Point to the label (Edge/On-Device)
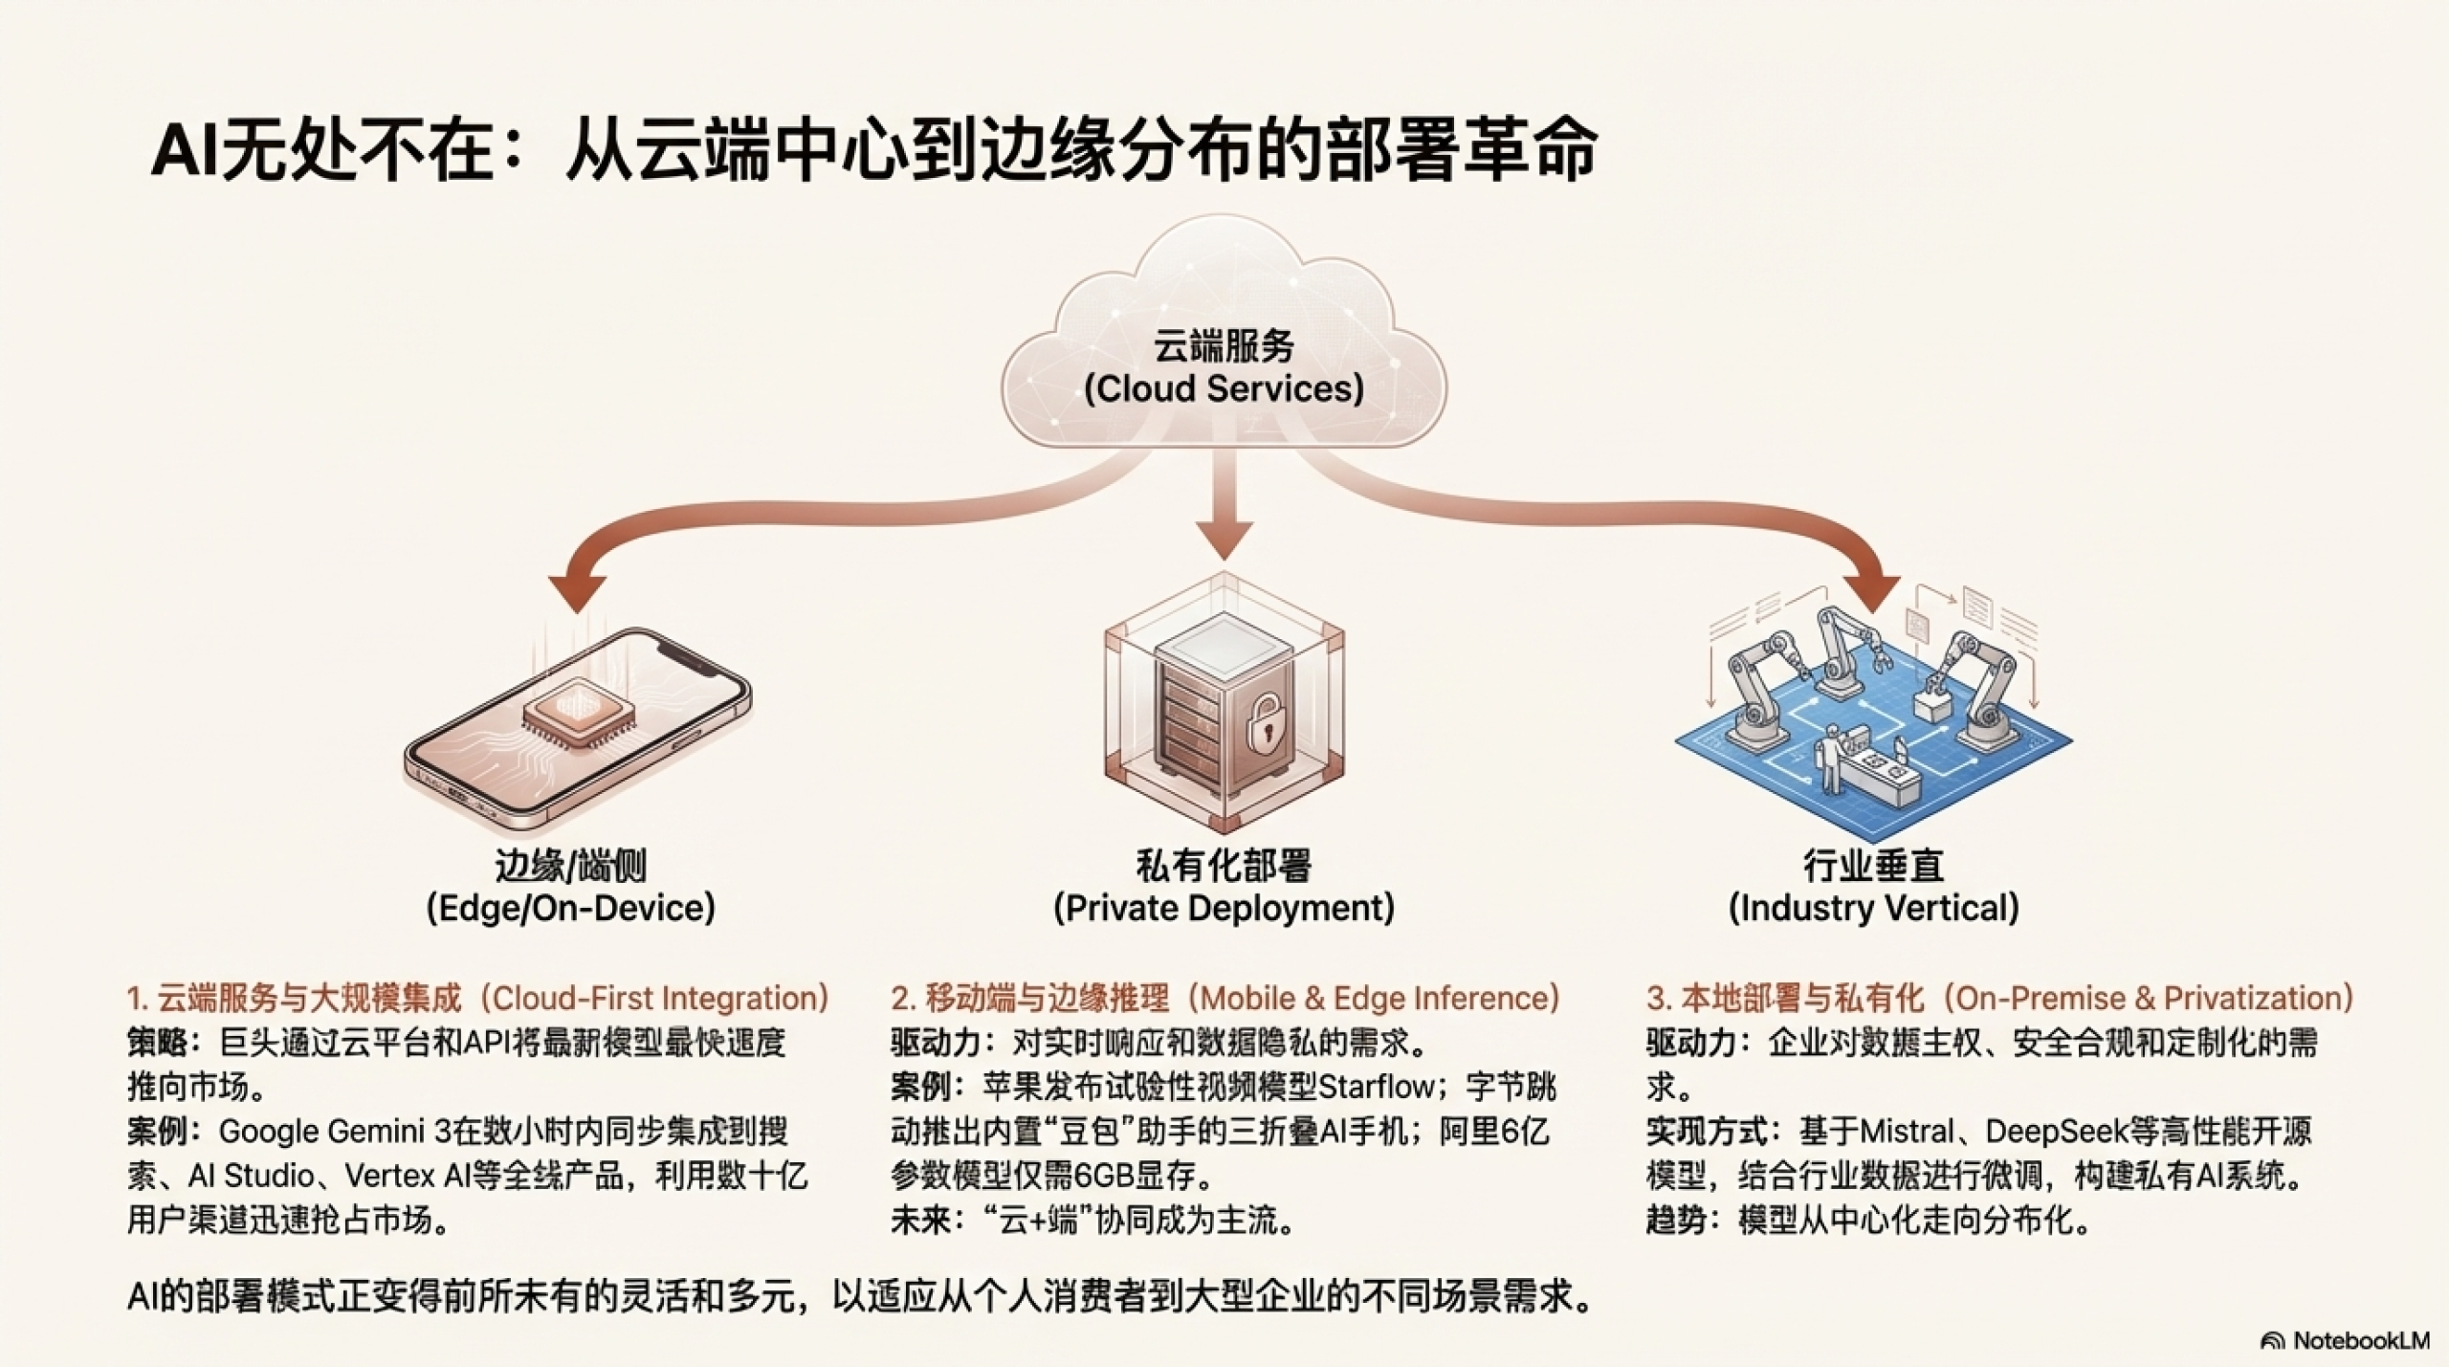pos(571,908)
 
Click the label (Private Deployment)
pos(1224,908)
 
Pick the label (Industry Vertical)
pos(1873,908)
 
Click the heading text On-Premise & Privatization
pos(2152,999)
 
